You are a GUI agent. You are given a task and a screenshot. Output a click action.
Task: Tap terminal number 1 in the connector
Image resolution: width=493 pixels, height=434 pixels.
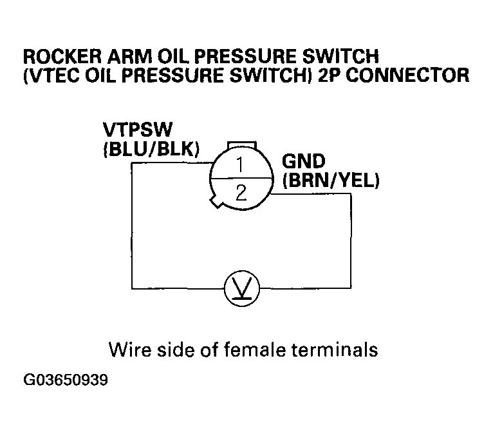click(x=239, y=165)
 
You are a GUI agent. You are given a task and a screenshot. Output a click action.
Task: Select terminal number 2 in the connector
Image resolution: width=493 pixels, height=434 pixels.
click(x=241, y=192)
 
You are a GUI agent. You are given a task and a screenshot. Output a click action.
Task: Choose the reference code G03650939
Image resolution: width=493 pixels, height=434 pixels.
click(x=66, y=380)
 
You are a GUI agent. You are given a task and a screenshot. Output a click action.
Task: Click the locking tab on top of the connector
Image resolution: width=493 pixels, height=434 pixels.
click(x=243, y=143)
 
